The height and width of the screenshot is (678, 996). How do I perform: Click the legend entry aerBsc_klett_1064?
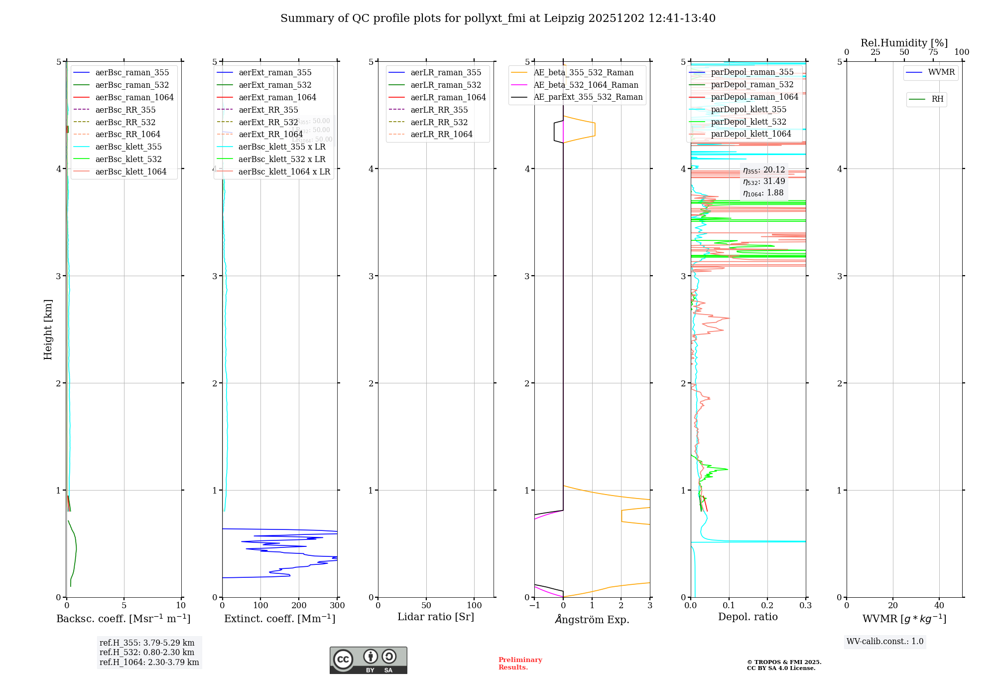click(x=131, y=171)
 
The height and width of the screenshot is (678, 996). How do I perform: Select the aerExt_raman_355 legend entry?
click(x=275, y=72)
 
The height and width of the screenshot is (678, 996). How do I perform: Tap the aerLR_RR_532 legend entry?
click(x=439, y=122)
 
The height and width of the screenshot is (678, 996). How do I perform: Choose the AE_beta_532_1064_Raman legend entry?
click(x=586, y=85)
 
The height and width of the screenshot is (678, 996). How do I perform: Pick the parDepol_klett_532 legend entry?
click(x=748, y=122)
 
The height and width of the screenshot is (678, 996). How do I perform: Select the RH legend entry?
click(x=937, y=99)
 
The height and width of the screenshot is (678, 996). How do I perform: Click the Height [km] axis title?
click(x=48, y=330)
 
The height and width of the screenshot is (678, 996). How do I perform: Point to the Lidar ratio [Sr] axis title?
click(x=436, y=617)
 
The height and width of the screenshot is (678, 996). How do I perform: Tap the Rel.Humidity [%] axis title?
click(x=904, y=43)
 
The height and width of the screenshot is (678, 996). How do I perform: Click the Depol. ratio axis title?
click(x=747, y=617)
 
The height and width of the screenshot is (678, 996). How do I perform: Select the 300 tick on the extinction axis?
click(x=337, y=606)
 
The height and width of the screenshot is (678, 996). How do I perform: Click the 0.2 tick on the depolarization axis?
click(x=767, y=606)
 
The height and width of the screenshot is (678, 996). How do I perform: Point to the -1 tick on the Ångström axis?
click(x=534, y=606)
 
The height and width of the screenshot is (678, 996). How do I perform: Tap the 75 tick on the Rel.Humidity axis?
click(x=933, y=52)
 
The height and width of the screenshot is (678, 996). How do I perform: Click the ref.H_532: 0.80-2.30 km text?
click(x=147, y=652)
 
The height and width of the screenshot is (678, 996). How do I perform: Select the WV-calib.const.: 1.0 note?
click(x=885, y=642)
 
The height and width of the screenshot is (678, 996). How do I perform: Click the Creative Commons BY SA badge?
click(x=368, y=660)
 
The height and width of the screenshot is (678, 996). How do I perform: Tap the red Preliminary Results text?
click(x=520, y=664)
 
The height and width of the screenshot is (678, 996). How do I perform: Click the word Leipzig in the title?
click(x=564, y=18)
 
